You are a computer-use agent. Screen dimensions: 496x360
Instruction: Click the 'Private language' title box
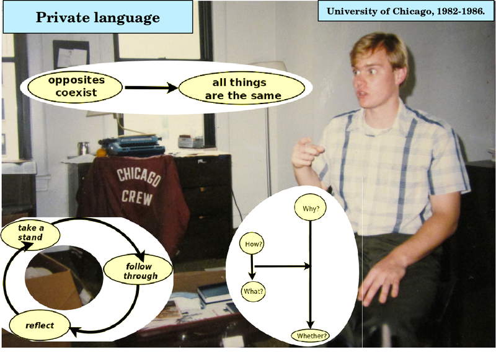98,17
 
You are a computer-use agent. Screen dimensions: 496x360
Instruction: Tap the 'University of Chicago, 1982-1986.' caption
405,11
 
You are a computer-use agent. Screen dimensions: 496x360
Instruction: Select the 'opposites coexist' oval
75,87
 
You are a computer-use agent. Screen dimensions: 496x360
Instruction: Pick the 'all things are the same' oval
242,88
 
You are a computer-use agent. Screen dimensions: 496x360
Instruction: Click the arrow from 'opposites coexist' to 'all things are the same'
151,87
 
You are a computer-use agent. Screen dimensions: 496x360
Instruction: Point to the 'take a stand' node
30,234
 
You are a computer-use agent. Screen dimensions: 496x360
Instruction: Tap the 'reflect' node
40,325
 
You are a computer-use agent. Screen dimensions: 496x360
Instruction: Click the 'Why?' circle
311,208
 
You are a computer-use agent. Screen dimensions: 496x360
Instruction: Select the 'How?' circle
252,244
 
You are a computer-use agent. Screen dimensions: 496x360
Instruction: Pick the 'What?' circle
253,291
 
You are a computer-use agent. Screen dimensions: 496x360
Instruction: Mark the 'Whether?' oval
311,336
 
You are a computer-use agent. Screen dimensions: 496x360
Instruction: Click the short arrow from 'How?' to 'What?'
252,267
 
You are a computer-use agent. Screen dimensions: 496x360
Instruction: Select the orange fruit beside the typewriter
101,152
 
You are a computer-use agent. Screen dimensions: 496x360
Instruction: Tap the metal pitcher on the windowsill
84,148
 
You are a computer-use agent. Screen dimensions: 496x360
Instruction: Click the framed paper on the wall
71,54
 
